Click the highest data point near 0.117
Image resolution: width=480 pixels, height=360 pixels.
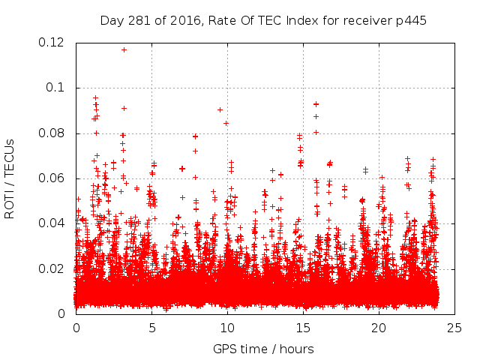[x=124, y=49]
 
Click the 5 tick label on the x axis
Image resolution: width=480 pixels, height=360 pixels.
[x=151, y=328]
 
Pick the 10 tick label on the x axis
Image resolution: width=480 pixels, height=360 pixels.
[x=227, y=328]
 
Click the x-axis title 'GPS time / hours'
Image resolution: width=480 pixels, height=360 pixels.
[x=263, y=349]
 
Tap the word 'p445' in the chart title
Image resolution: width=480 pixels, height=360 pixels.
[x=412, y=20]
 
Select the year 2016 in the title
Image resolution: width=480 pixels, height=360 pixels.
[x=183, y=20]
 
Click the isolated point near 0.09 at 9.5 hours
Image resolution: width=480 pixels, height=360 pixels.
[x=220, y=109]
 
